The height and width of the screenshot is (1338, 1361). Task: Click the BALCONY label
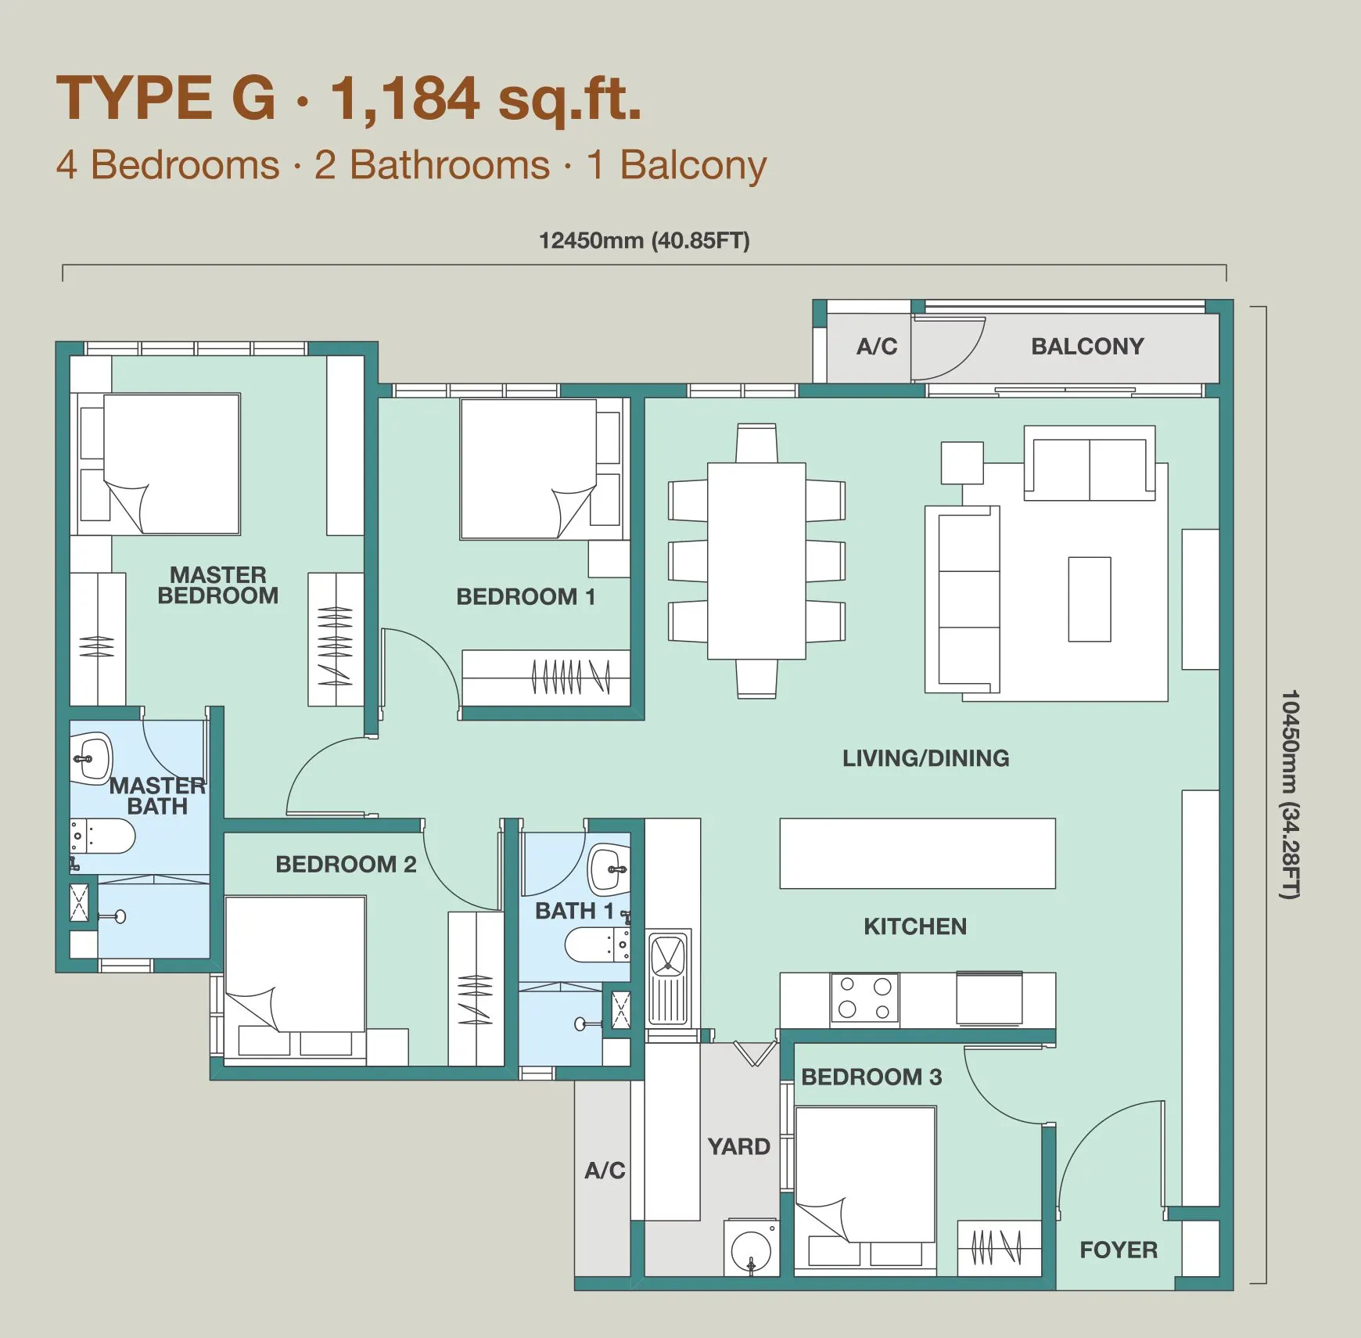coord(1087,346)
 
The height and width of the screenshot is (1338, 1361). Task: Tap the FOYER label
coord(1119,1250)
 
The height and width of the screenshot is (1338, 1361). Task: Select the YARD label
coord(739,1146)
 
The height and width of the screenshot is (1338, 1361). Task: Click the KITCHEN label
coord(915,926)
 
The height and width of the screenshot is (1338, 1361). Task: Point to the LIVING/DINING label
coord(925,757)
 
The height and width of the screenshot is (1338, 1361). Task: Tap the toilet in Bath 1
coord(597,944)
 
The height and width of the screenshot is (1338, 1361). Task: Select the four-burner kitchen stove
coord(864,998)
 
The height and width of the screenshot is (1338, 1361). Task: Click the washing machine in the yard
coord(751,1247)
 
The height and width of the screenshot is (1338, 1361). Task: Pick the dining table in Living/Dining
coord(756,560)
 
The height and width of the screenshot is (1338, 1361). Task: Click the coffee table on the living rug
coord(1090,599)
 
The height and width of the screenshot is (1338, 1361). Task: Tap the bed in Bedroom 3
coord(865,1174)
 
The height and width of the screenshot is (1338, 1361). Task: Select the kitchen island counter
coord(918,854)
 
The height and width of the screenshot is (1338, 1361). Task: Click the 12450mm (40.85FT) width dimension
coord(644,240)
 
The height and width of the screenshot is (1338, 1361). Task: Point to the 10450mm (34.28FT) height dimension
coord(1289,794)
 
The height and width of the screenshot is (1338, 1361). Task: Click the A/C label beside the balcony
coord(877,346)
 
